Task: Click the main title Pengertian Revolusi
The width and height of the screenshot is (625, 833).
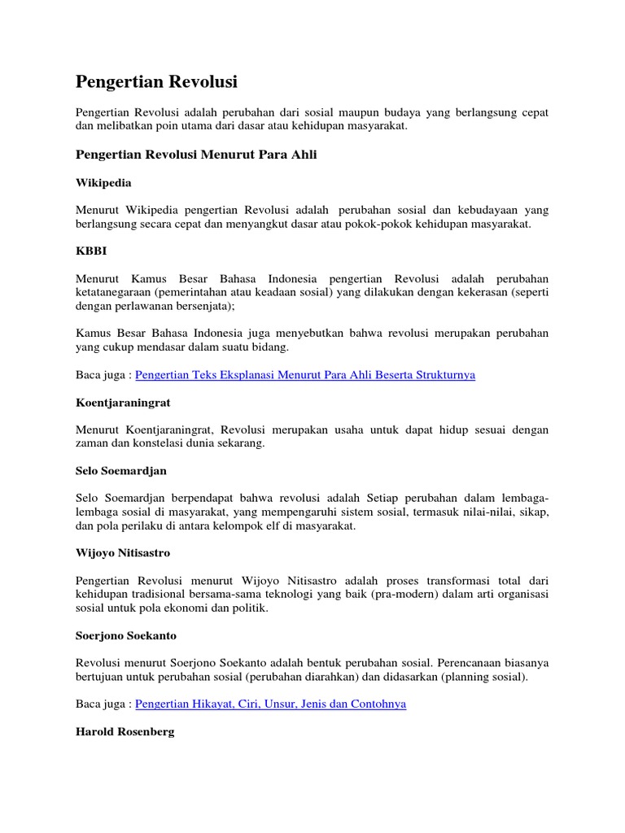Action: [156, 82]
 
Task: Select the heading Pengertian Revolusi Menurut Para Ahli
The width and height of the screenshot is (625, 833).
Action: [196, 155]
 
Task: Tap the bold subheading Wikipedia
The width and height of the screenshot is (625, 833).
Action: [103, 183]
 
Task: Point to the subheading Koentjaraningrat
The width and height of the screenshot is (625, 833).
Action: [123, 402]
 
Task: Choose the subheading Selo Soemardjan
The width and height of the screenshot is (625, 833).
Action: [121, 471]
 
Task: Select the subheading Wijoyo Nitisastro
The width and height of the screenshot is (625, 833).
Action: [123, 552]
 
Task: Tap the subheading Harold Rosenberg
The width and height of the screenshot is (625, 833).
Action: [124, 731]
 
